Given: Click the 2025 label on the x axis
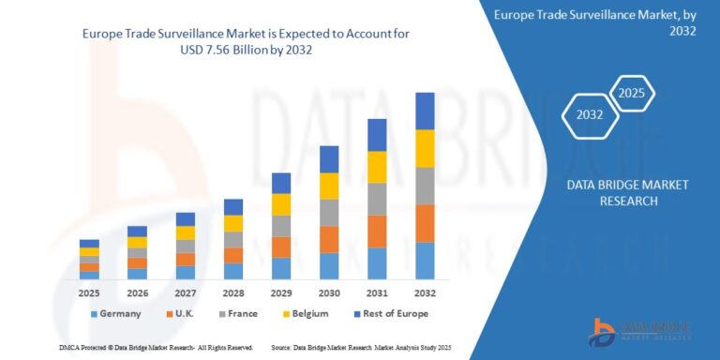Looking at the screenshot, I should point(89,293).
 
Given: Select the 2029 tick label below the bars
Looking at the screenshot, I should point(281,293).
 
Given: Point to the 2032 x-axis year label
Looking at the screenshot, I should point(425,293).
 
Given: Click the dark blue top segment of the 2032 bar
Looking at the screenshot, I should point(425,111).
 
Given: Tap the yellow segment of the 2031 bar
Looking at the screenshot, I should point(377,167).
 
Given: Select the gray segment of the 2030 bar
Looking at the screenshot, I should point(329,213).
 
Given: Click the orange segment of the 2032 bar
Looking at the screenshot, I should point(425,223).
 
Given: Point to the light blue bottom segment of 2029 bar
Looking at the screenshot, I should point(281,268).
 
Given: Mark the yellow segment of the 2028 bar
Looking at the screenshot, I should point(233,223).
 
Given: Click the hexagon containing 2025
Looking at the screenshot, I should point(632,95).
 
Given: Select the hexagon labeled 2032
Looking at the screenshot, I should point(590,115).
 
